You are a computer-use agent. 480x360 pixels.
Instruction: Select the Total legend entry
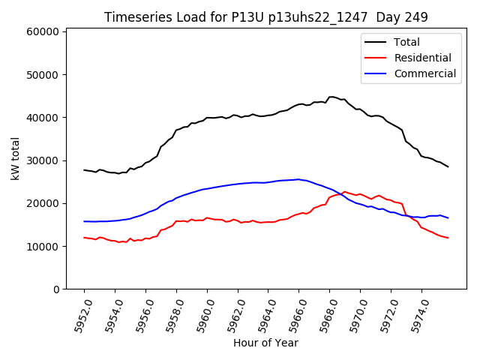coord(406,42)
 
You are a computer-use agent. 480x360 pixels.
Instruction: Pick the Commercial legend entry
coord(424,73)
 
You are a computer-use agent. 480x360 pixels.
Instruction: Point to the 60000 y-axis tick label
coord(42,32)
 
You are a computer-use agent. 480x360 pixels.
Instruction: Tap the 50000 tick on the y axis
coord(42,75)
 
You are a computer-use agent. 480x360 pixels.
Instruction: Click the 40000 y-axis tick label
coord(42,118)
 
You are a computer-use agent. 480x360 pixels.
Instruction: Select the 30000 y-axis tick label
coord(42,160)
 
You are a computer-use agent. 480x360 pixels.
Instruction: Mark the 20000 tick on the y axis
coord(42,203)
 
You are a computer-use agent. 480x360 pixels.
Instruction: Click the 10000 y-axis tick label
coord(42,247)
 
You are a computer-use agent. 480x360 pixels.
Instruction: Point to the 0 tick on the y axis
coord(56,289)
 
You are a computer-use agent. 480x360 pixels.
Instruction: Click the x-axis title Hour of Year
coord(265,343)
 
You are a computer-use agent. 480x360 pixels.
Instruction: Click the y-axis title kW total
coord(15,159)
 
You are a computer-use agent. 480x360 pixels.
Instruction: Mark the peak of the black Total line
coord(331,97)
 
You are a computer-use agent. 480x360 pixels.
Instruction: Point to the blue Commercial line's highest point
coord(298,179)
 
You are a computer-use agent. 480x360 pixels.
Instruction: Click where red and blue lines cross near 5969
coord(342,193)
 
